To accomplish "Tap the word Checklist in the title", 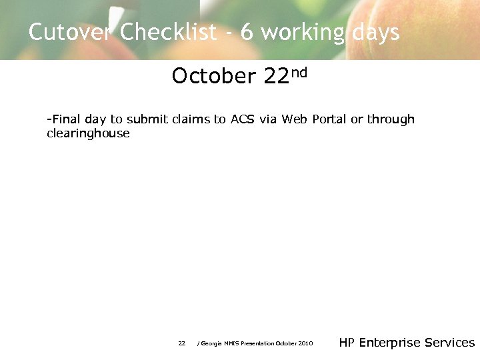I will tap(169, 32).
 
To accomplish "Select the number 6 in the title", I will tap(247, 32).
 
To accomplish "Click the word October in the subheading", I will tap(213, 77).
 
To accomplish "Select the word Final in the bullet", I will tap(66, 119).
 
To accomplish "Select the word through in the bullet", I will tap(391, 119).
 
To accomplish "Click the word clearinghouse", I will tap(88, 134).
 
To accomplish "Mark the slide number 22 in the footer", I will tap(181, 343).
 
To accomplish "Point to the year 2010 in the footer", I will tap(305, 343).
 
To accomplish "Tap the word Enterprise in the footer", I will tap(390, 343).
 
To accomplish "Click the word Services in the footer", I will tap(450, 343).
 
